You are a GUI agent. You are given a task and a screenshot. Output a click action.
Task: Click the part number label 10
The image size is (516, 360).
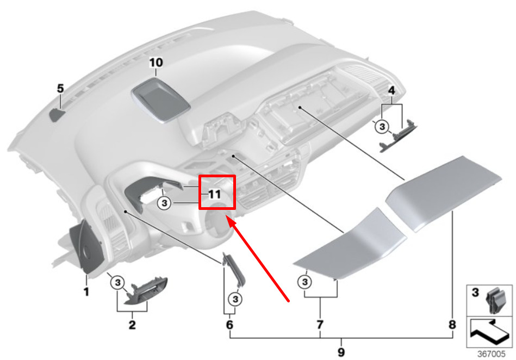click(156, 63)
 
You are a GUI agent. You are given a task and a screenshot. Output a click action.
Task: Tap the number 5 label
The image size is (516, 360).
click(60, 88)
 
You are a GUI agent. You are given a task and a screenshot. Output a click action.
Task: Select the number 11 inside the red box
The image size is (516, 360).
click(215, 194)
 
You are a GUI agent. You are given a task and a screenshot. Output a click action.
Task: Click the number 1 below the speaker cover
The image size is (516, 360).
click(86, 291)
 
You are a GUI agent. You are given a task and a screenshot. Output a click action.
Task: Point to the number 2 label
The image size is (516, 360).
click(132, 325)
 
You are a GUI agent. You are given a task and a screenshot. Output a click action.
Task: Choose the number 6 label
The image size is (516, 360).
click(229, 325)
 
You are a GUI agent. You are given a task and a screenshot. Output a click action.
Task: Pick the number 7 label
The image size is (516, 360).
click(320, 325)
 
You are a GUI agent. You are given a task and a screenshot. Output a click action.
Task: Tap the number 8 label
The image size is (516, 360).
click(452, 325)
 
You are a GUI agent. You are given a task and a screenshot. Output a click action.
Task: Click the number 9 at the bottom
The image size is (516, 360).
click(341, 352)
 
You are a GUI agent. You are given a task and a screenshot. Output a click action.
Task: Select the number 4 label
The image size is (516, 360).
click(391, 90)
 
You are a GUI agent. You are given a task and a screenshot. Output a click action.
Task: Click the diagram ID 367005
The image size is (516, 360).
click(492, 354)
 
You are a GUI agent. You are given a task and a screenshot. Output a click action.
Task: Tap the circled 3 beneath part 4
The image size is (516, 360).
click(382, 127)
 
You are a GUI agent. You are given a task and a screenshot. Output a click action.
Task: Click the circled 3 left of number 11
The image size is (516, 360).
click(165, 203)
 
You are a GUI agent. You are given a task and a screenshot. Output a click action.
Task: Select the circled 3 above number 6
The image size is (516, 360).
click(235, 299)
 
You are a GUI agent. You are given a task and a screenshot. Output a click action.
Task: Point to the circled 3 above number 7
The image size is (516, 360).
click(304, 282)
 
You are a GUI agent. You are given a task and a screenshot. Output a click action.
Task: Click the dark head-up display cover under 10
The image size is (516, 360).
click(161, 100)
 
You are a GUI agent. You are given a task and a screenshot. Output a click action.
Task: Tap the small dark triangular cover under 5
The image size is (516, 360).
click(57, 115)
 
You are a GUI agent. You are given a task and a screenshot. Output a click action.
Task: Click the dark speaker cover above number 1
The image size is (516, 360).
click(86, 247)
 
